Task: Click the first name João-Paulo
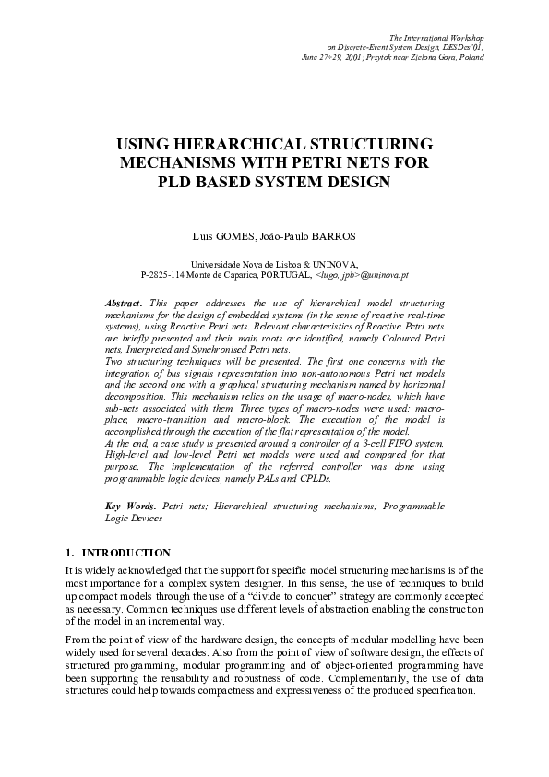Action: point(292,237)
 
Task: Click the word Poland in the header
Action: point(471,57)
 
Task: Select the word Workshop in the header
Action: point(465,34)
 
